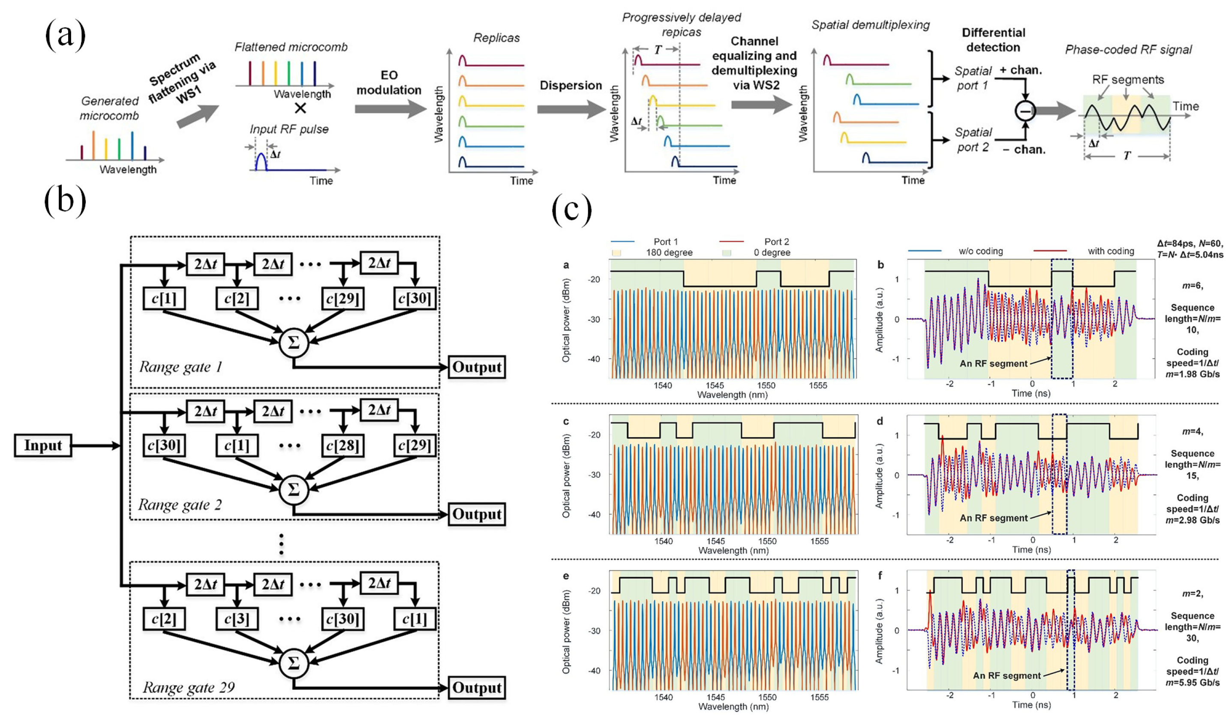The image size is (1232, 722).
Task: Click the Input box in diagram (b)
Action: pyautogui.click(x=43, y=445)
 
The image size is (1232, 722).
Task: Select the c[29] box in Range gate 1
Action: pyautogui.click(x=343, y=298)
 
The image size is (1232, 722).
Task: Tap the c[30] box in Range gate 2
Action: pyautogui.click(x=164, y=445)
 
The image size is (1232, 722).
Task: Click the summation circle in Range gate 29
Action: pyautogui.click(x=293, y=663)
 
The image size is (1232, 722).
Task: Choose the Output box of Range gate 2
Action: pyautogui.click(x=477, y=514)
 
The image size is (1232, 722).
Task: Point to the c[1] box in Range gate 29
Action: pyautogui.click(x=415, y=619)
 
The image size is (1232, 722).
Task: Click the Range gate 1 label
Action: pyautogui.click(x=180, y=367)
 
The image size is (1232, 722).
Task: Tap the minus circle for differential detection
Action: pyautogui.click(x=1025, y=111)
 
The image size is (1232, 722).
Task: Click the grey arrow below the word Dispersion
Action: pyautogui.click(x=571, y=110)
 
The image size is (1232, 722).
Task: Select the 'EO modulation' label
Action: pyautogui.click(x=389, y=82)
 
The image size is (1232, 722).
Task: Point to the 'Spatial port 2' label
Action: pyautogui.click(x=973, y=140)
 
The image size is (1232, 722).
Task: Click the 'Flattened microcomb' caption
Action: pyautogui.click(x=291, y=47)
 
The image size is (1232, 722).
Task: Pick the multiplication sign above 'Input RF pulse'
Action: pyautogui.click(x=300, y=108)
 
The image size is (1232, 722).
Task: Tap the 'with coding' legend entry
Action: pyautogui.click(x=1110, y=251)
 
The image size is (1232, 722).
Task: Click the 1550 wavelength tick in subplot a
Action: pyautogui.click(x=766, y=385)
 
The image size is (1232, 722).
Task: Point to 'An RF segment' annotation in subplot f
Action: pyautogui.click(x=1007, y=676)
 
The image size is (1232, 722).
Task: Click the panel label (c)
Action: pyautogui.click(x=571, y=209)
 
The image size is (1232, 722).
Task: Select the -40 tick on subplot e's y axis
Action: pyautogui.click(x=594, y=671)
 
